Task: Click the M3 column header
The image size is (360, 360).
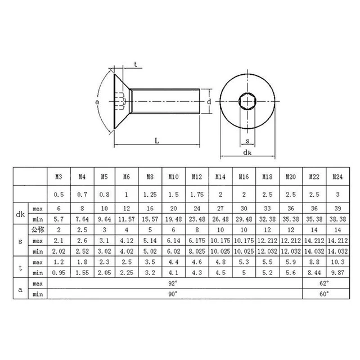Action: point(58,177)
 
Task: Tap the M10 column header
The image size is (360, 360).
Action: point(174,177)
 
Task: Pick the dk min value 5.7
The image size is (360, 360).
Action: point(58,219)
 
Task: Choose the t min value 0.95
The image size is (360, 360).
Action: point(58,273)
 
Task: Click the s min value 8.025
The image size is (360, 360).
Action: point(197,251)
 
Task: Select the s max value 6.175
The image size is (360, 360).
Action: point(197,240)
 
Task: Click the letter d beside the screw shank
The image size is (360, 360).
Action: point(209,102)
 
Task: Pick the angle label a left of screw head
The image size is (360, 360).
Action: point(97,102)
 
